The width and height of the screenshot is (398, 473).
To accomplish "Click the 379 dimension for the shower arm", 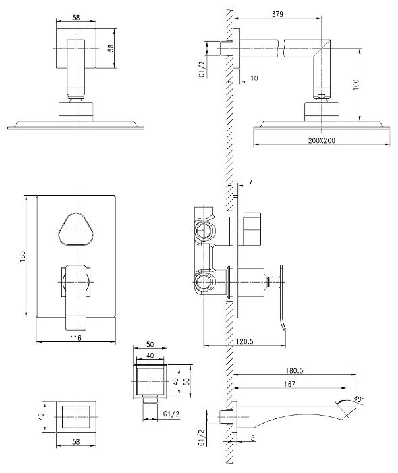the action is (277, 14).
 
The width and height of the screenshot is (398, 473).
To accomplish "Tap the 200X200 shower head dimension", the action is (321, 140).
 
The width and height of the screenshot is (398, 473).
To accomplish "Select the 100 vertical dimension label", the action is (356, 84).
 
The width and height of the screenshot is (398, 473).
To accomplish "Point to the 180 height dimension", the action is (23, 256).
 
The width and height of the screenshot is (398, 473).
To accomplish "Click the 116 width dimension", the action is (76, 338).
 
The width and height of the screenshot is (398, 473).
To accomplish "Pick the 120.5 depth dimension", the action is (245, 341).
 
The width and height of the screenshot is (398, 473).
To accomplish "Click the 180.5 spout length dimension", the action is (294, 370).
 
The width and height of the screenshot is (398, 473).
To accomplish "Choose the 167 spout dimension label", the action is (289, 384).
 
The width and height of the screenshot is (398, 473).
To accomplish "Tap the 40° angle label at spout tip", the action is (358, 399).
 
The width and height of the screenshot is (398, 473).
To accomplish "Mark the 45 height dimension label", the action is (41, 416).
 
